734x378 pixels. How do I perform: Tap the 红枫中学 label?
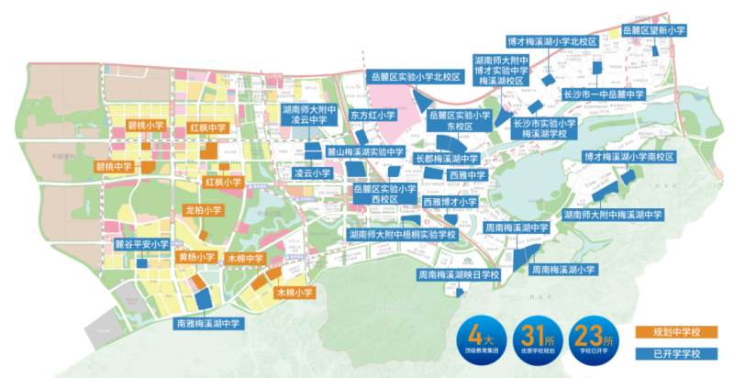(x=207, y=128)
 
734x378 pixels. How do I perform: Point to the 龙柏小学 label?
(x=204, y=210)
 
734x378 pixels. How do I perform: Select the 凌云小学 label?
(x=312, y=172)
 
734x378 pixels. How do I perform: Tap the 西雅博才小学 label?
(x=450, y=201)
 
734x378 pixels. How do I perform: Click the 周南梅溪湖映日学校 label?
(x=455, y=274)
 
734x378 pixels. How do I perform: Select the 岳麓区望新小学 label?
(x=655, y=30)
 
